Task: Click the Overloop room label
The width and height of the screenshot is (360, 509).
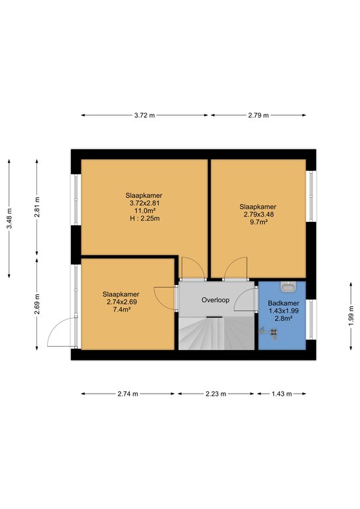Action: pyautogui.click(x=215, y=300)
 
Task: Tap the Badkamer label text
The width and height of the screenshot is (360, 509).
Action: pyautogui.click(x=283, y=303)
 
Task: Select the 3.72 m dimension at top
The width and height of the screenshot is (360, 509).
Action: pyautogui.click(x=145, y=115)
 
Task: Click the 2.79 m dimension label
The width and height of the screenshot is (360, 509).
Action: pyautogui.click(x=259, y=115)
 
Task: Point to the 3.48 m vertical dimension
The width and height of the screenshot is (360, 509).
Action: pyautogui.click(x=9, y=219)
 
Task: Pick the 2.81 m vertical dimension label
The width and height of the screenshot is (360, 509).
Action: pyautogui.click(x=37, y=207)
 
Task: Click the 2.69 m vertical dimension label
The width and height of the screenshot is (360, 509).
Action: pyautogui.click(x=37, y=304)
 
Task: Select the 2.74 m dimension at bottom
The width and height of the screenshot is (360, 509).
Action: pyautogui.click(x=127, y=394)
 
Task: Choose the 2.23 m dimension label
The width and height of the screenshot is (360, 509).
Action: pyautogui.click(x=215, y=394)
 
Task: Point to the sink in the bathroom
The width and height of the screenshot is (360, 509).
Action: pyautogui.click(x=288, y=286)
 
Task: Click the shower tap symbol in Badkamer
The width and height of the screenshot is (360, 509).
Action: pyautogui.click(x=269, y=333)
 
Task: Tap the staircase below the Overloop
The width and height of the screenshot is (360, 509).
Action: pyautogui.click(x=216, y=333)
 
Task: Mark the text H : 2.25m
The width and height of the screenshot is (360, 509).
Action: pyautogui.click(x=145, y=219)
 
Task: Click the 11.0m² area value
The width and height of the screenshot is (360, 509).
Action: pyautogui.click(x=145, y=211)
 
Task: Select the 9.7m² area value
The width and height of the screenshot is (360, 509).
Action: pyautogui.click(x=259, y=222)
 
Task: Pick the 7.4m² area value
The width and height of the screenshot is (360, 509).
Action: pyautogui.click(x=121, y=310)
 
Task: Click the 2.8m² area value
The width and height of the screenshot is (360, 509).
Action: pyautogui.click(x=283, y=318)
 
